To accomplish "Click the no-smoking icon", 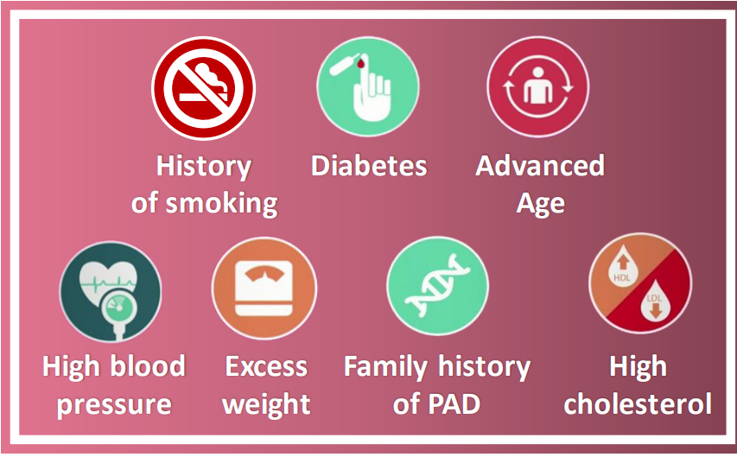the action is point(204,88).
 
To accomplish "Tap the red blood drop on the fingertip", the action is point(360,63).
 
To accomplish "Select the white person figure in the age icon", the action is point(538,86).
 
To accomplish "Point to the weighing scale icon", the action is point(264,288).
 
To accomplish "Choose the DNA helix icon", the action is point(437,286).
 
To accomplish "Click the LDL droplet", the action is point(655,301).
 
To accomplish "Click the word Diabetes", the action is point(369,166).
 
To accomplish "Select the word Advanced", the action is point(540,166).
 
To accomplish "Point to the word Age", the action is point(541,205).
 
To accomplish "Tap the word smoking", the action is point(222,204).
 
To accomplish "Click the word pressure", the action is point(114,405).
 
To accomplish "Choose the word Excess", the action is point(266,367).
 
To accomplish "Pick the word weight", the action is point(266,404).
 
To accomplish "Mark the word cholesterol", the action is point(638,404).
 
